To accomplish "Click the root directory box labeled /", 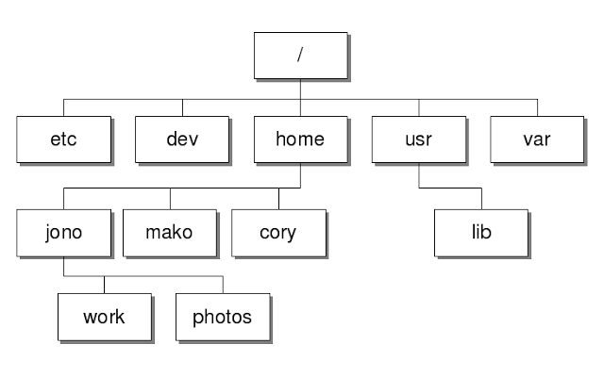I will point(301,56).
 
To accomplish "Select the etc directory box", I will point(63,139).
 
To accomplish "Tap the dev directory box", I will point(181,139).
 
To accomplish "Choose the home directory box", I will point(300,139).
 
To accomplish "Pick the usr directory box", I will point(418,139).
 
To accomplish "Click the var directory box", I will point(537,139).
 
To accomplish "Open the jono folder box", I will point(63,232).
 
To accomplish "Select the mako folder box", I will point(171,232).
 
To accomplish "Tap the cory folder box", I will point(278,232).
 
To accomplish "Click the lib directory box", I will point(481,232).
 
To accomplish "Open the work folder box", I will point(104,317).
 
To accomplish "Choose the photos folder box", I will point(223,317).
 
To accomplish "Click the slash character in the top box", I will point(301,56).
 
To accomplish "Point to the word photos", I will point(223,317).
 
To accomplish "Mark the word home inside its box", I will point(300,139).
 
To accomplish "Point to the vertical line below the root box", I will point(301,88).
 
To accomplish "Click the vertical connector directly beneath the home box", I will point(300,175).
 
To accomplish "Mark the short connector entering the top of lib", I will point(481,198).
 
